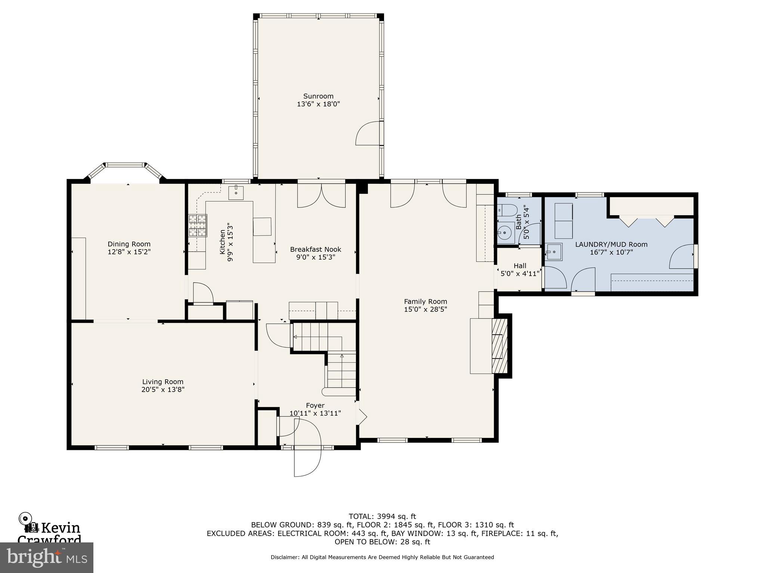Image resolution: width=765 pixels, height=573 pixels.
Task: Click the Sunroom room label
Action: tap(318, 96)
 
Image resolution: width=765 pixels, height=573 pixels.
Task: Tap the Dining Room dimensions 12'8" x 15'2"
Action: tap(129, 252)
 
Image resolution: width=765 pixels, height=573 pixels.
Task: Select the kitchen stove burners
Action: tap(198, 225)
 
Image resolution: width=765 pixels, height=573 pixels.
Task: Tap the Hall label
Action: tap(520, 266)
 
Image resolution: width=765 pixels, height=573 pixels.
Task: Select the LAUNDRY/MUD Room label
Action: tap(611, 244)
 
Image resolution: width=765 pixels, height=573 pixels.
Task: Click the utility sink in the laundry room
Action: tap(554, 252)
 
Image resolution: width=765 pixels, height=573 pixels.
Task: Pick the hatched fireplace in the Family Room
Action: tap(500, 346)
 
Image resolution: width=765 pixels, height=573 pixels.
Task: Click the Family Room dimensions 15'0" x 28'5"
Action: tap(425, 309)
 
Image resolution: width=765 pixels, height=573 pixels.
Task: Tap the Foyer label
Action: tap(315, 406)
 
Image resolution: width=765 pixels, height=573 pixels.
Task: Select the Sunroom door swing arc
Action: tap(367, 134)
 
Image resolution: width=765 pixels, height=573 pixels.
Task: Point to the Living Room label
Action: tap(162, 382)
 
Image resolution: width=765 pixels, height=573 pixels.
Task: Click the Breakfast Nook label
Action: tap(316, 249)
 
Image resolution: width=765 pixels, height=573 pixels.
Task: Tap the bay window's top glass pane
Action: tap(124, 165)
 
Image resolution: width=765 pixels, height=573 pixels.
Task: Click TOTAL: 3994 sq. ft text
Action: tap(382, 516)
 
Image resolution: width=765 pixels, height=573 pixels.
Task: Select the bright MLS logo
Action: tap(47, 557)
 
